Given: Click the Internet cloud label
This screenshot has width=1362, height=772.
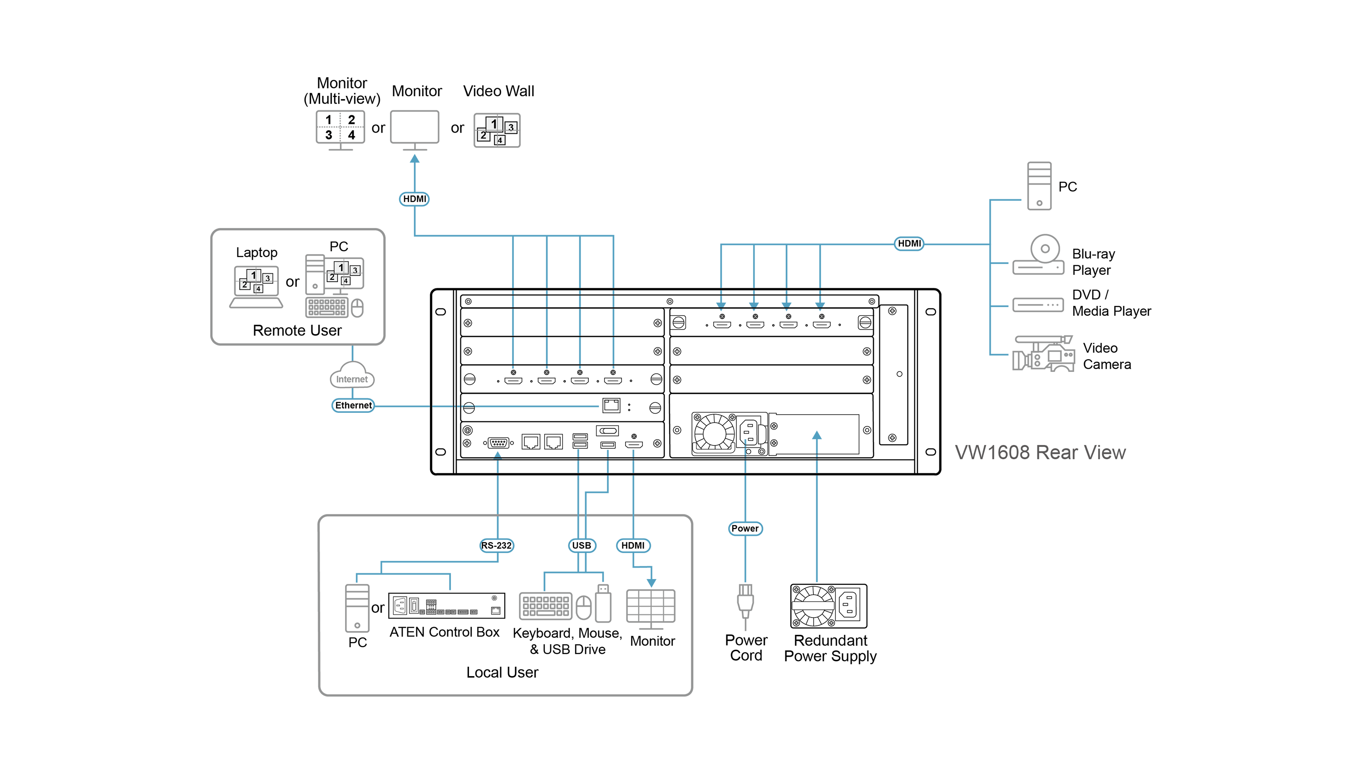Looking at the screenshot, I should pyautogui.click(x=352, y=379).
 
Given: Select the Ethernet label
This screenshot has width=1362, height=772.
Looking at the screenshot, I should pyautogui.click(x=354, y=405).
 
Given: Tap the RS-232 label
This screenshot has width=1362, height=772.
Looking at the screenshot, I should pyautogui.click(x=496, y=545).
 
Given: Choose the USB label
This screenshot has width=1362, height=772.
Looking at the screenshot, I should pyautogui.click(x=582, y=545).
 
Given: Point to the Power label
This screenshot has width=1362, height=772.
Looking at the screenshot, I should pyautogui.click(x=745, y=528).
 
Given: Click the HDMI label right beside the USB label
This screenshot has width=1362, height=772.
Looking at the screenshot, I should pyautogui.click(x=633, y=545).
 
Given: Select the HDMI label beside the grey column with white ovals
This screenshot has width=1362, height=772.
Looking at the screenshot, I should pyautogui.click(x=909, y=243).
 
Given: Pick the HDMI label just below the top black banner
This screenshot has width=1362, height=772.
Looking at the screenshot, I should pyautogui.click(x=415, y=199).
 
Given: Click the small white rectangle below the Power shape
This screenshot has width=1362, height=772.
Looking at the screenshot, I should pyautogui.click(x=812, y=605).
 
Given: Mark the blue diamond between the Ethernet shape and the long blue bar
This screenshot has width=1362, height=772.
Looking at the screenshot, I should pyautogui.click(x=442, y=407).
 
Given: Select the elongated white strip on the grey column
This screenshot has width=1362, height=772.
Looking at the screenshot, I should pyautogui.click(x=1042, y=222).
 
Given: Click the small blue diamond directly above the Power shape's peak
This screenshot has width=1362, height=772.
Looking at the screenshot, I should pyautogui.click(x=745, y=466).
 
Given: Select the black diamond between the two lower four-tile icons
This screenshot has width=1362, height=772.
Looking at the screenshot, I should pyautogui.click(x=292, y=281).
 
